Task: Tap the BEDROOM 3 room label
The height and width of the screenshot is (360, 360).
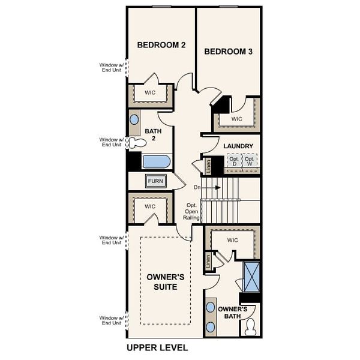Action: point(228,52)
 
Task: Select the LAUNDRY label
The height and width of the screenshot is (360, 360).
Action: point(238,146)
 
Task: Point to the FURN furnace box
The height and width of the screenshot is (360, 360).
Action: point(156,181)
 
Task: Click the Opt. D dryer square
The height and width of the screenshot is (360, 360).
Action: point(233,161)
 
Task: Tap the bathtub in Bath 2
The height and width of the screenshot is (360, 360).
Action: point(156,161)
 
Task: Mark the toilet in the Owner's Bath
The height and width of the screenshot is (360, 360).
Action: point(250,328)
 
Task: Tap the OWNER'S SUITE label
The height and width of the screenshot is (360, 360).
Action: point(165,282)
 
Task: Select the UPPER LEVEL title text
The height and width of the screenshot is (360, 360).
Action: point(157,347)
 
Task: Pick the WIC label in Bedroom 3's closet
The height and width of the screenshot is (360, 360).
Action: point(236,119)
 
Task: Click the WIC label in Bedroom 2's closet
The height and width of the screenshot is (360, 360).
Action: point(150,93)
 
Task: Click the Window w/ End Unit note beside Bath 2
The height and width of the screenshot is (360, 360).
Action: point(111,142)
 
